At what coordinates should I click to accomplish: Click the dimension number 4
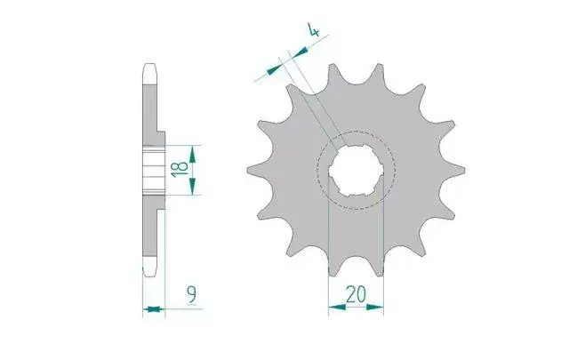(x=314, y=29)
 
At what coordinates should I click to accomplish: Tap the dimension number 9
(x=192, y=294)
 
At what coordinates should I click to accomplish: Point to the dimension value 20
(x=356, y=294)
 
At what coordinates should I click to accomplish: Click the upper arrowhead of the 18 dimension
(x=192, y=155)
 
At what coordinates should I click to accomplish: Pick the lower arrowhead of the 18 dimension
(x=192, y=186)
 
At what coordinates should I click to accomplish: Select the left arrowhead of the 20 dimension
(x=337, y=308)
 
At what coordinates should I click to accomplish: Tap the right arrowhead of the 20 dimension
(x=375, y=308)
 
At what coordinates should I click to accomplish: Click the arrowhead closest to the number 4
(x=300, y=52)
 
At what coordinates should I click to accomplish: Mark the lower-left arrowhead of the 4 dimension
(x=275, y=69)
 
